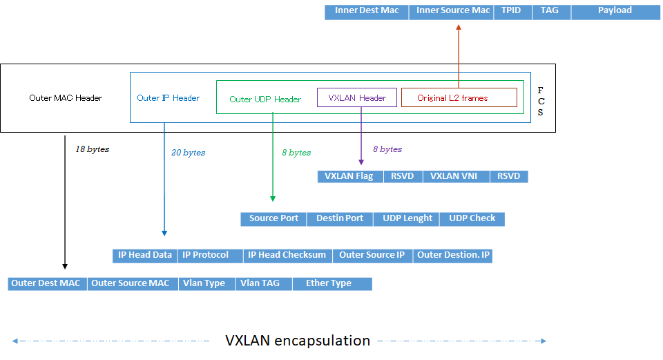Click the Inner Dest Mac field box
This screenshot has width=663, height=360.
[367, 11]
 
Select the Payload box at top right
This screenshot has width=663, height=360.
[614, 11]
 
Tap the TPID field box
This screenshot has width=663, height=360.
[512, 11]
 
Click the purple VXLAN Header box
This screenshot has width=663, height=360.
[357, 97]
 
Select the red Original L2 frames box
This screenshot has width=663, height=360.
[459, 97]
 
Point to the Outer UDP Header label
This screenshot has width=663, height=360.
[265, 100]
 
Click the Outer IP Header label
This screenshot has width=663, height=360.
[168, 98]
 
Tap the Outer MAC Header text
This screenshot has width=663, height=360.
[66, 98]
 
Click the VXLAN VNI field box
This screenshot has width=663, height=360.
[455, 176]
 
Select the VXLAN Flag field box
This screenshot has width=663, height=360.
[349, 176]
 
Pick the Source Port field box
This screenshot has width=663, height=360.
[273, 218]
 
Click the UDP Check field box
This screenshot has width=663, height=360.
[472, 218]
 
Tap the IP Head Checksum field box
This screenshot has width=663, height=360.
[287, 255]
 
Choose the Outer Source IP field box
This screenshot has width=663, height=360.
[372, 255]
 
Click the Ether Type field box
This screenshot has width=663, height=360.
[331, 283]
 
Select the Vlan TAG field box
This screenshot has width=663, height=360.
[260, 283]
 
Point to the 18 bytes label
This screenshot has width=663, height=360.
[92, 149]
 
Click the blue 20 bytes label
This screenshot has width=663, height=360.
[188, 153]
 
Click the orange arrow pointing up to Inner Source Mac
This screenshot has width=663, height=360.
[458, 55]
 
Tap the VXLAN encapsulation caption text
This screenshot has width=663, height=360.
[298, 341]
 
